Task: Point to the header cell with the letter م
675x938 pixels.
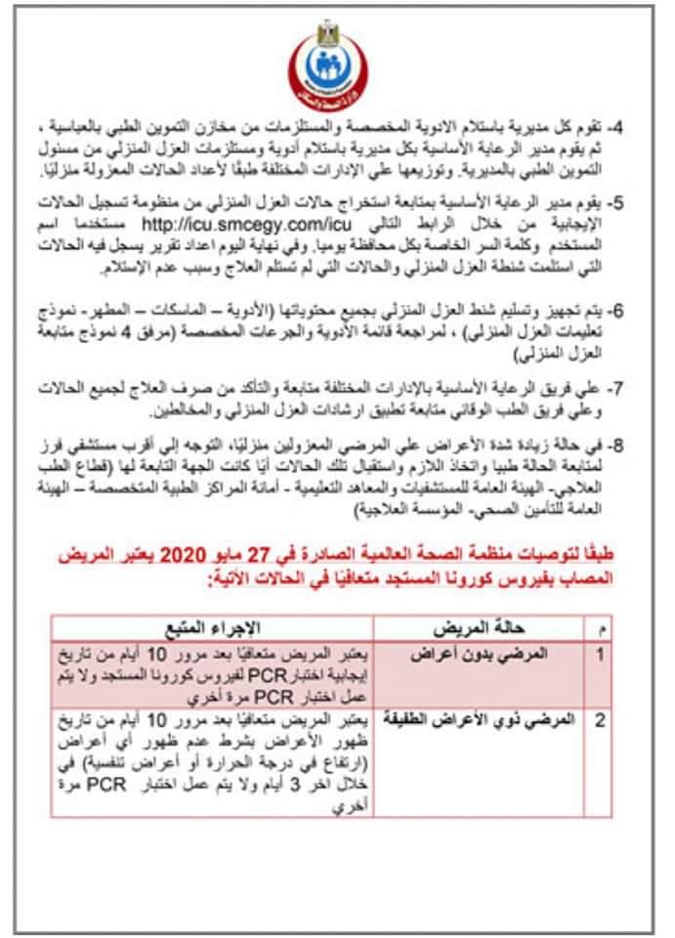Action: point(602,629)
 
